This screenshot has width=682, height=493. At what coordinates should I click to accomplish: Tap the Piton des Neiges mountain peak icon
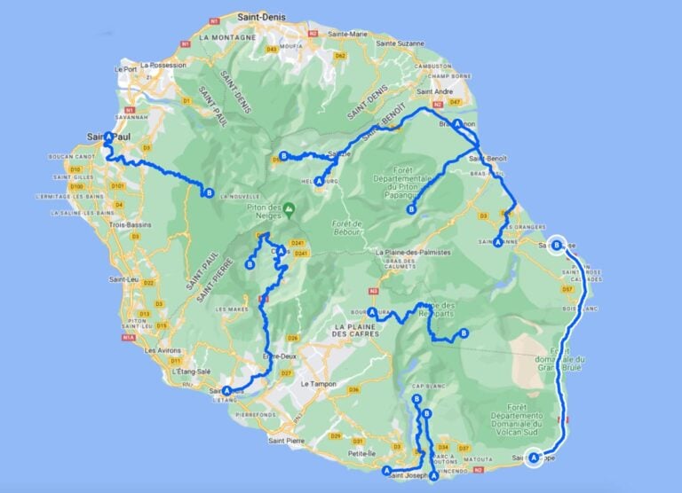click(x=289, y=210)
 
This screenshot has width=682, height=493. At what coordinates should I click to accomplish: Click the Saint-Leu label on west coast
click(x=122, y=279)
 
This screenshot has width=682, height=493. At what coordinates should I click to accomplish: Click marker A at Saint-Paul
click(x=108, y=137)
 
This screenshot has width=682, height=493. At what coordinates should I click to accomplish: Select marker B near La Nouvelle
click(x=209, y=192)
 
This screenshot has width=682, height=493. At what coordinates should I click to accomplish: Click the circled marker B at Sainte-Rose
click(x=557, y=246)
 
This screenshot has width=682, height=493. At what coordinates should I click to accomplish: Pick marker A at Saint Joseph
click(x=387, y=471)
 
